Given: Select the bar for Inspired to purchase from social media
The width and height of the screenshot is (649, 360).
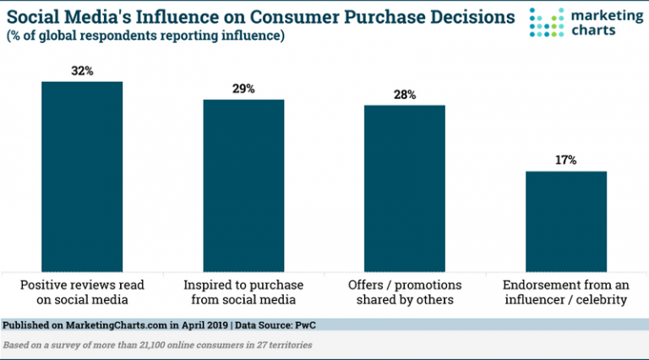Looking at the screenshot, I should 243,182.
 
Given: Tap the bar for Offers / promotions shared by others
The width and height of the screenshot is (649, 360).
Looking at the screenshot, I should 405,184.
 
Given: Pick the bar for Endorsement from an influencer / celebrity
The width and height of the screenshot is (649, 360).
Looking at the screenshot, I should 566,218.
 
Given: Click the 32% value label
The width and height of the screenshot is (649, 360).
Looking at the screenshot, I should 82,72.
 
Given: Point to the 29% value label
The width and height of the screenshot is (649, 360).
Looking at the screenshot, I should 243,89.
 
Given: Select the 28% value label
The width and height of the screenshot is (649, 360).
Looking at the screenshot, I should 405,95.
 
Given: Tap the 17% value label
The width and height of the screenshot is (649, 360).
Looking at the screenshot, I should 566,161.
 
